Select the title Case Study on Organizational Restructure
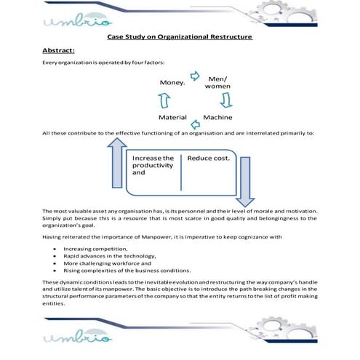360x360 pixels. (x=180, y=36)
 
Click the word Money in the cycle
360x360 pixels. (x=172, y=84)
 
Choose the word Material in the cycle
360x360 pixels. (x=173, y=117)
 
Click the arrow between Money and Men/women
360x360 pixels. (x=195, y=75)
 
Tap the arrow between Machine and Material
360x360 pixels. (x=196, y=118)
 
